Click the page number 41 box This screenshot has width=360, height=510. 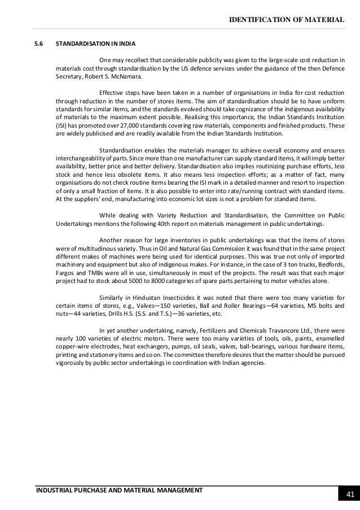[349, 495]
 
